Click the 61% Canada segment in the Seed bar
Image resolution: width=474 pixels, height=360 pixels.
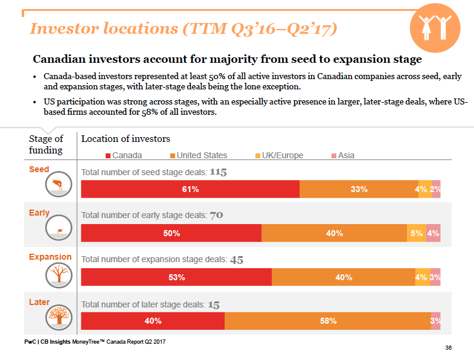pyautogui.click(x=190, y=189)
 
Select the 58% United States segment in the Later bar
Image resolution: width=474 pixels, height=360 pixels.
pyautogui.click(x=328, y=321)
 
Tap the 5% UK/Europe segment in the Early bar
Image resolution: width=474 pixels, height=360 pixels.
pyautogui.click(x=416, y=233)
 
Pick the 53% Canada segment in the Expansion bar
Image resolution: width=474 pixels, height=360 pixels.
pyautogui.click(x=176, y=277)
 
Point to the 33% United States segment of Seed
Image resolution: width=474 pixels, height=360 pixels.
pyautogui.click(x=359, y=189)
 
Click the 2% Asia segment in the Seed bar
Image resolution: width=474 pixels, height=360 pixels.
pyautogui.click(x=436, y=189)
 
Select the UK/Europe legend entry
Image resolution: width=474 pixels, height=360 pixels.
pyautogui.click(x=278, y=155)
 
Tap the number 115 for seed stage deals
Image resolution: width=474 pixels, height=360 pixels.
pyautogui.click(x=218, y=172)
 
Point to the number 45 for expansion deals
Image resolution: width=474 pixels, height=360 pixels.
pyautogui.click(x=237, y=260)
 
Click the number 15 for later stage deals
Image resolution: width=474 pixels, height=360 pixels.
pyautogui.click(x=214, y=304)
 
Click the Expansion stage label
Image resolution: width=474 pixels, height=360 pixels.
pyautogui.click(x=50, y=257)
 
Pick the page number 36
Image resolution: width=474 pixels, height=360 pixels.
pyautogui.click(x=448, y=348)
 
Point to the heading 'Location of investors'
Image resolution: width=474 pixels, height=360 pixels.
pyautogui.click(x=126, y=139)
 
